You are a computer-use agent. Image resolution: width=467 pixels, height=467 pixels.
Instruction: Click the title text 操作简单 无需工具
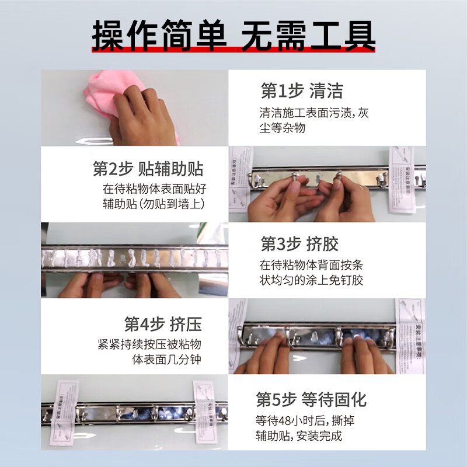[233, 35]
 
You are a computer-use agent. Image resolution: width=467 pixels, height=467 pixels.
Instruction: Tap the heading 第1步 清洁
[301, 91]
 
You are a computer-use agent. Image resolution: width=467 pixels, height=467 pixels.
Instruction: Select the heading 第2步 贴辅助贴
[148, 169]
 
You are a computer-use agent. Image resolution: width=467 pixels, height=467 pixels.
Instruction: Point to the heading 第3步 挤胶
[299, 243]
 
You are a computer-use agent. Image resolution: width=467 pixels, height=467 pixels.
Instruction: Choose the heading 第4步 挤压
[163, 323]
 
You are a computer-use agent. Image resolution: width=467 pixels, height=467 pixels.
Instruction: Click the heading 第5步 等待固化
[311, 400]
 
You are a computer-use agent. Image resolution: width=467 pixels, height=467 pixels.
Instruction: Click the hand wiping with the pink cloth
[143, 114]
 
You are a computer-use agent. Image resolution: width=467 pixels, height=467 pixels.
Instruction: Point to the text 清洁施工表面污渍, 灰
[314, 113]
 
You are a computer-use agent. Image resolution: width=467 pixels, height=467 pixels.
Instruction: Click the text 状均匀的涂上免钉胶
[311, 280]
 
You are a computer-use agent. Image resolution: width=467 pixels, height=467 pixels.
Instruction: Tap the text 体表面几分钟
[167, 359]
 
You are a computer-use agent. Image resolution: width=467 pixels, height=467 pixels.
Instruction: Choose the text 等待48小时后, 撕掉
[302, 420]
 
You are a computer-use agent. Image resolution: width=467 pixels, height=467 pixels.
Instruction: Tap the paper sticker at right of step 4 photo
[412, 336]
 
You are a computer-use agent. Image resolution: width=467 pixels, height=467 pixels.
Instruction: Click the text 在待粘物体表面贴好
[154, 189]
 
